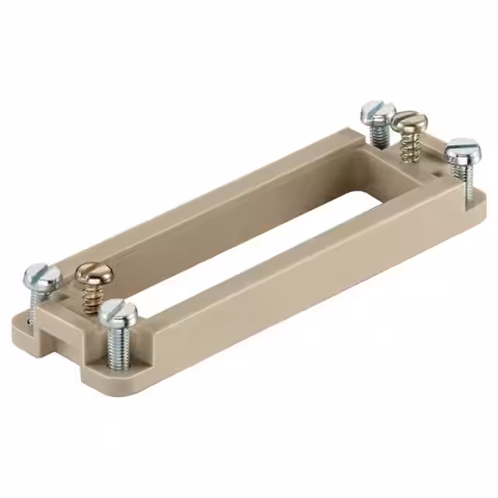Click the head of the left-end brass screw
[94, 274]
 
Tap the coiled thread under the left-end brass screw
[92, 296]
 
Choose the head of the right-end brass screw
[409, 121]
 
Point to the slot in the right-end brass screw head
[409, 119]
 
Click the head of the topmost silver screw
[377, 111]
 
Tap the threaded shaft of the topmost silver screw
[379, 135]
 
